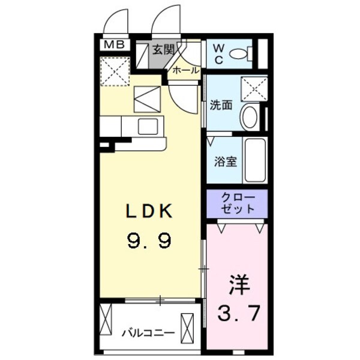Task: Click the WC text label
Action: (217, 52)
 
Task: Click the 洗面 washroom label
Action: (220, 105)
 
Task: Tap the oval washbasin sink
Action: (250, 116)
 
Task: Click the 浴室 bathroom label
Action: (226, 161)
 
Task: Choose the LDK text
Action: (149, 211)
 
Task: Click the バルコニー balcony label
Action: (147, 332)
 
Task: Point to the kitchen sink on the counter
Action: (146, 126)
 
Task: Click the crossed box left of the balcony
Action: (107, 322)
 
